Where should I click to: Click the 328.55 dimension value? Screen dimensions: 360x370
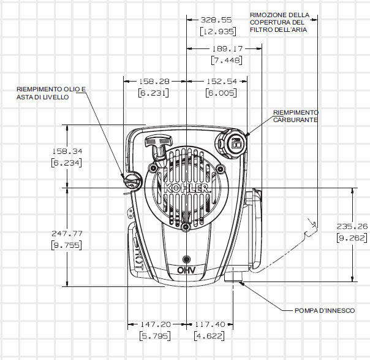[x=213, y=20]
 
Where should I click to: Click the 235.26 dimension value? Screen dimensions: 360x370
[x=352, y=226]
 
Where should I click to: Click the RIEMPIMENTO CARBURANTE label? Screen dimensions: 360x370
[x=296, y=117]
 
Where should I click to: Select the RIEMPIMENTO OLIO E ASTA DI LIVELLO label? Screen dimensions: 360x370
[x=51, y=93]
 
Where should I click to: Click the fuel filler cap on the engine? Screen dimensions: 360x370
[x=235, y=144]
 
